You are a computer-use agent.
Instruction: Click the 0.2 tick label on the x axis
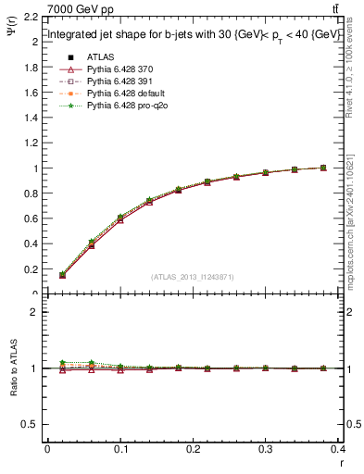194,451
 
